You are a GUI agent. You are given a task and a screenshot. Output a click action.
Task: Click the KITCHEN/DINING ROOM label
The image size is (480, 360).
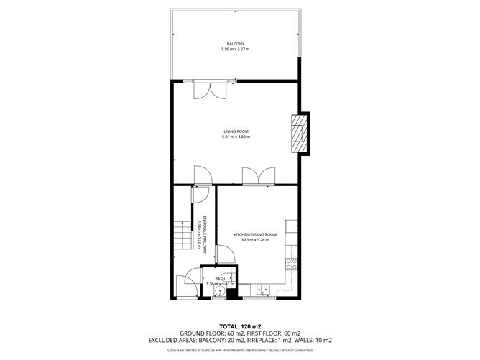255,235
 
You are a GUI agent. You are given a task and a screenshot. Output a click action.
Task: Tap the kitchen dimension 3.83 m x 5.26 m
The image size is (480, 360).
255,241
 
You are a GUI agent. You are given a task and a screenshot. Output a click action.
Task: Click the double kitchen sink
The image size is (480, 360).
264,290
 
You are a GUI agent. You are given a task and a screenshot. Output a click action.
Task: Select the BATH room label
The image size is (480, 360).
220,278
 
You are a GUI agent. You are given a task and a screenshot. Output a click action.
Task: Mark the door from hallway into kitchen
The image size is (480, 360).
225,253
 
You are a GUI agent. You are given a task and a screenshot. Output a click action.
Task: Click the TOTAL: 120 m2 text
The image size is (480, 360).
239,326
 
